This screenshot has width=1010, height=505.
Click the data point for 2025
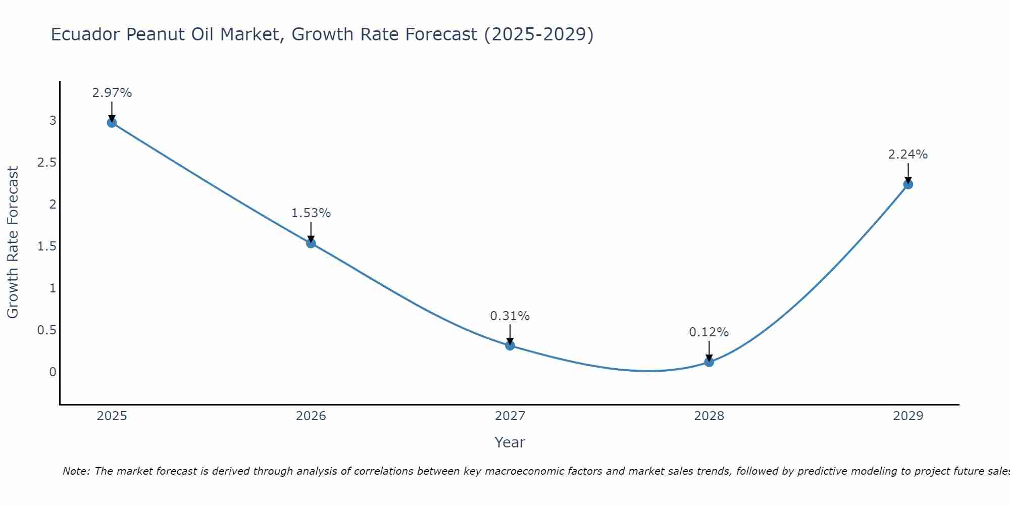pos(112,123)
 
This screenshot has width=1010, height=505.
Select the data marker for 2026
pos(311,243)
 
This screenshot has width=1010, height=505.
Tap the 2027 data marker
pos(510,345)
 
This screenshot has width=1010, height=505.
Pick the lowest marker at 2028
pos(709,362)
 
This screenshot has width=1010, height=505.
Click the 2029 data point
pos(908,184)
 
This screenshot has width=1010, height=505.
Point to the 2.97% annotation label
pos(112,93)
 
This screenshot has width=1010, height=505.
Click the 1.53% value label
pos(311,213)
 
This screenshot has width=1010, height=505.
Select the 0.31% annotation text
pos(510,316)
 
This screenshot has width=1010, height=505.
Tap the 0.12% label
pos(709,332)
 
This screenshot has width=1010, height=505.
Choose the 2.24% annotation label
pos(908,155)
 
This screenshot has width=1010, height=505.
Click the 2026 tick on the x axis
pos(311,416)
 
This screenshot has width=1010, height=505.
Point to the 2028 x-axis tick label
pos(709,416)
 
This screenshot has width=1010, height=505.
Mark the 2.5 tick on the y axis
pos(46,163)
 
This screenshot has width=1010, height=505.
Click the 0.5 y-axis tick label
pos(46,330)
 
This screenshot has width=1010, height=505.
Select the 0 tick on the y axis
pos(53,372)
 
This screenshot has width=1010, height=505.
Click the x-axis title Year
pos(510,442)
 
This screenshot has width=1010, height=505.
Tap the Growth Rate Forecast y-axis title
pos(13,242)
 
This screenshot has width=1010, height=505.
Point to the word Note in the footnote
pos(76,471)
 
